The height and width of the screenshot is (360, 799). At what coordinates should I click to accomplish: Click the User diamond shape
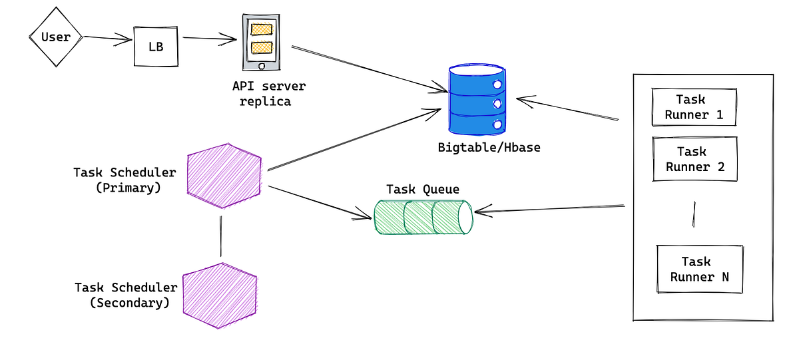point(55,37)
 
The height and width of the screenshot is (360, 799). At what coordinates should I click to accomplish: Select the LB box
point(156,47)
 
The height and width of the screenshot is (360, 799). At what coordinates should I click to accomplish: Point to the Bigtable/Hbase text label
point(489,147)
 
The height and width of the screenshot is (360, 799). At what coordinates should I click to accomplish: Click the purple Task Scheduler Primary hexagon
point(224,176)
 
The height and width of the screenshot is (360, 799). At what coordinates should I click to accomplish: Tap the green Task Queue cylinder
point(422,217)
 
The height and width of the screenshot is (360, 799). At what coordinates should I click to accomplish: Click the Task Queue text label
point(423,189)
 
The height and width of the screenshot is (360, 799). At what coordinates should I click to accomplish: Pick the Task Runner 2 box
point(695,160)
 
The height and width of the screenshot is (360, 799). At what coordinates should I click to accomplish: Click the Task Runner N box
point(699,270)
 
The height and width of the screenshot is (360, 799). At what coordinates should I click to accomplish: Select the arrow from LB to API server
point(210,39)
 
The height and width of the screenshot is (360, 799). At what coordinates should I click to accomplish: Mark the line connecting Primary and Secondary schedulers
point(220,236)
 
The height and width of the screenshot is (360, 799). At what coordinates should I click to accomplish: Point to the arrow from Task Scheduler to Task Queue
point(320,202)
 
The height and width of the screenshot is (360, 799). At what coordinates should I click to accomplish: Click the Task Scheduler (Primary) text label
point(125,180)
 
